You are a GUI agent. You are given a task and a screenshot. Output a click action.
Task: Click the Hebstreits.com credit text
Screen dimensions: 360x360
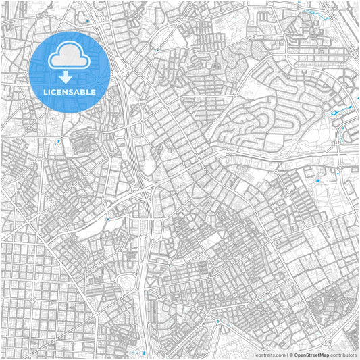269,355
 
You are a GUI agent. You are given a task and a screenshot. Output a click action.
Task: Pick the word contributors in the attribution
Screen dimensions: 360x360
342,355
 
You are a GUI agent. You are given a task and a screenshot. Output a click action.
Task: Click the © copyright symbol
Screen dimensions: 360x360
290,355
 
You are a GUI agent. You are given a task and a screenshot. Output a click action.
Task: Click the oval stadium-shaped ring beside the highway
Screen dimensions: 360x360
126,282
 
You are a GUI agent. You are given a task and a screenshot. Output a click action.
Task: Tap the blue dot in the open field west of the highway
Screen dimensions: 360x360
107,220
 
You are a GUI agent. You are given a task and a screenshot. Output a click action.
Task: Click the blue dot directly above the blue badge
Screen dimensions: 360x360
88,21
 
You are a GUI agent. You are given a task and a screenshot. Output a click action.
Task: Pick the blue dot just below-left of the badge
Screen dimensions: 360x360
59,141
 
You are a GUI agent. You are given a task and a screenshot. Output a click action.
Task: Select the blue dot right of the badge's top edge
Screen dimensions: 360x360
157,49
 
